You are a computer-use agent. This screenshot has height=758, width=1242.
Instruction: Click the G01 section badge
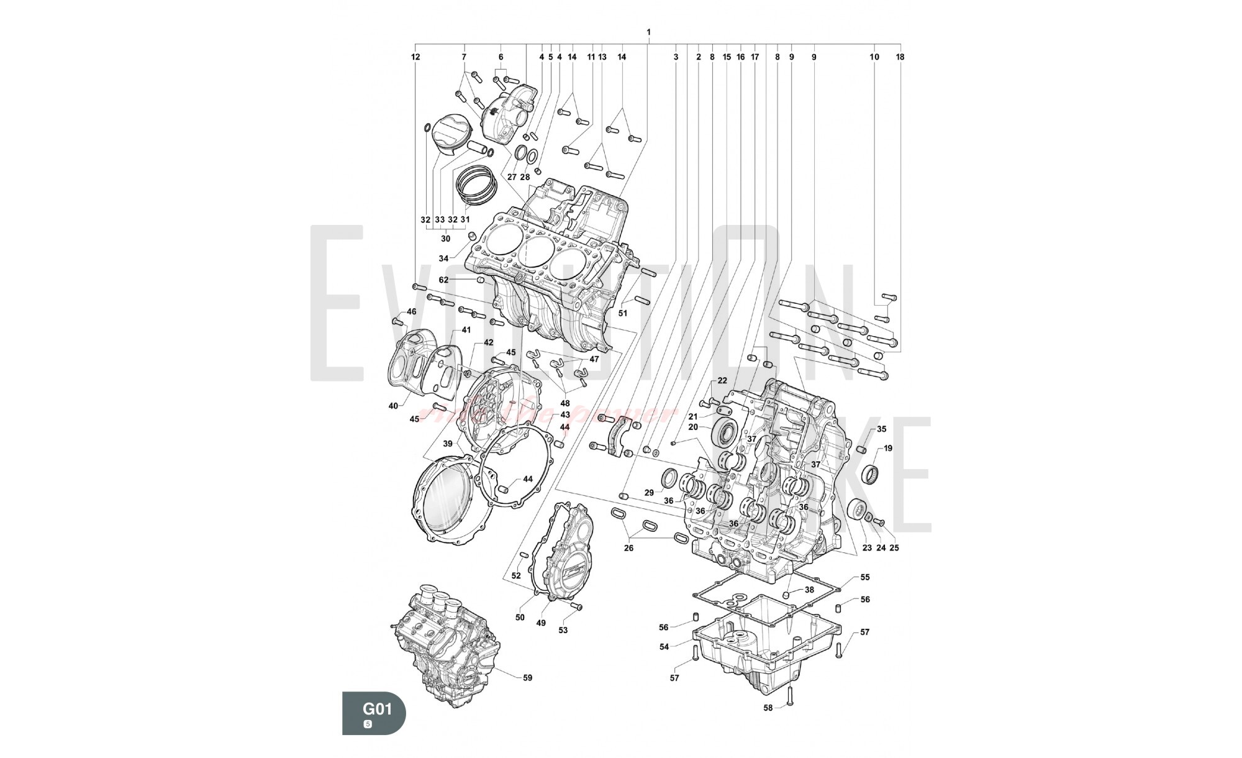374,713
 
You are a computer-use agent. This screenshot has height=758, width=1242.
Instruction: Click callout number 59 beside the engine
527,678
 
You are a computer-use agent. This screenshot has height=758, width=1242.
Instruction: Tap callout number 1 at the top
648,32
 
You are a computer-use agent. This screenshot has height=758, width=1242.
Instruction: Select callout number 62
443,280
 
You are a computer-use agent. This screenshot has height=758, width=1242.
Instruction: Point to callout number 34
443,258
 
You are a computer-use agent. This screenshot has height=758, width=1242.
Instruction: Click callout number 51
623,313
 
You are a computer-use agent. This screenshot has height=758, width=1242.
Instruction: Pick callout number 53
563,631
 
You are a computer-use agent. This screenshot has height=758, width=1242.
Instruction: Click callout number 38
809,590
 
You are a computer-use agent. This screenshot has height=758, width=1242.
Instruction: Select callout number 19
888,448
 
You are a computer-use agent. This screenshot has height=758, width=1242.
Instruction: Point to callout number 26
628,548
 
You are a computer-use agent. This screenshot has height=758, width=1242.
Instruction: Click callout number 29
649,492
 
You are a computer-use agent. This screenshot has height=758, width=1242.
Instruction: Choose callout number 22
722,380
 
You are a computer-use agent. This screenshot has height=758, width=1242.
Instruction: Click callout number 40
393,406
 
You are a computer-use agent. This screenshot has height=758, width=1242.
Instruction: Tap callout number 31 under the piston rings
465,219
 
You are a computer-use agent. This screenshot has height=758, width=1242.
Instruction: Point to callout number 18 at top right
900,57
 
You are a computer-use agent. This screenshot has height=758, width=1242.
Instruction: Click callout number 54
664,647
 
